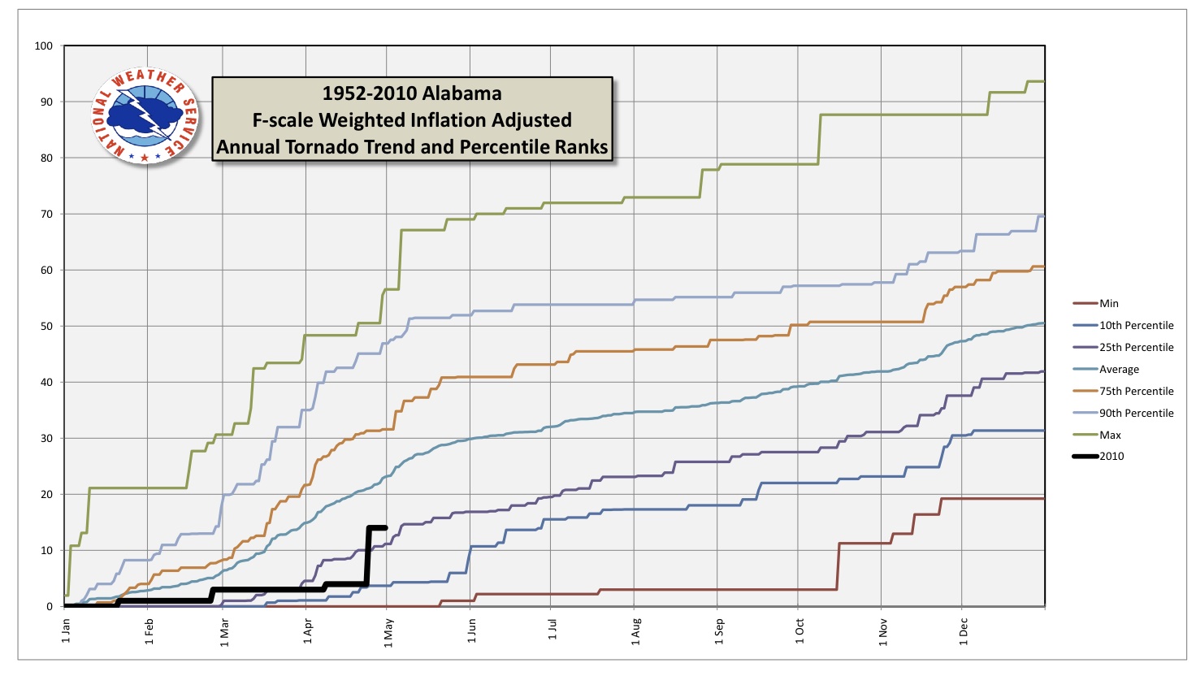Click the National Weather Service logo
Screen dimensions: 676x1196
pos(145,115)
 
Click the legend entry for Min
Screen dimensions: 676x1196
pos(1109,304)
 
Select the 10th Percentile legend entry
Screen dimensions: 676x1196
pos(1136,326)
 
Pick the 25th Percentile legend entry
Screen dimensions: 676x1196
pos(1136,348)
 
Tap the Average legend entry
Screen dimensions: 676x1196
pos(1119,370)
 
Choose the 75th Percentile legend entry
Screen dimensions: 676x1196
pos(1136,392)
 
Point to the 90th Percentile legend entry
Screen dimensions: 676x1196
pos(1136,414)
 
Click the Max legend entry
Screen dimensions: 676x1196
pos(1110,435)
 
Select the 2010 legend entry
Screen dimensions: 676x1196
pos(1111,457)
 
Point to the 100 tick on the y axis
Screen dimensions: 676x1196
pos(44,46)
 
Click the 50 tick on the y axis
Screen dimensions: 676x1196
pos(46,327)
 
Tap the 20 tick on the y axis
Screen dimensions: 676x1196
pos(46,495)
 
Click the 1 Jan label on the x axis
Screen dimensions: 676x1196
pos(66,630)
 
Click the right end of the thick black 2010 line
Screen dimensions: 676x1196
pos(385,528)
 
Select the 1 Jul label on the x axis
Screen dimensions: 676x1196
pos(552,630)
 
